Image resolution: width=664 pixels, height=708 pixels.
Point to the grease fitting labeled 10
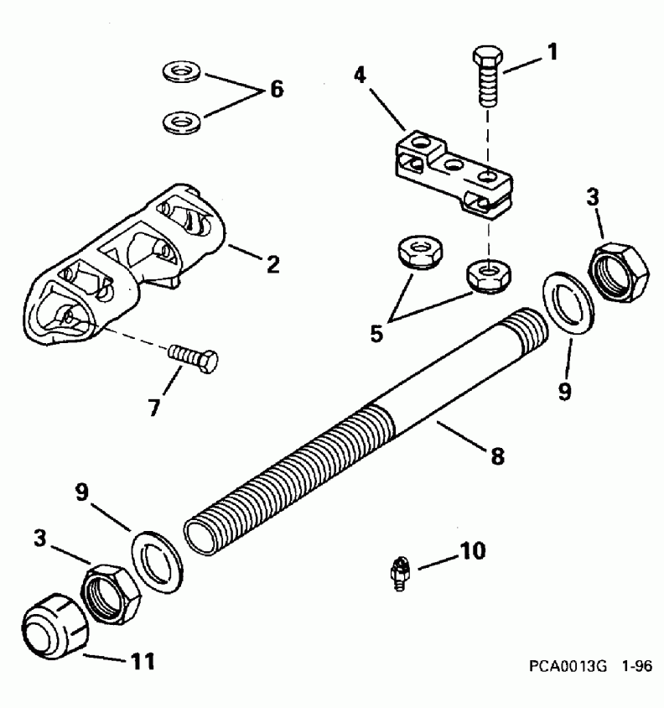tap(400, 575)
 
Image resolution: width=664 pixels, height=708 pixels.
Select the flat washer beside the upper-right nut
tap(568, 299)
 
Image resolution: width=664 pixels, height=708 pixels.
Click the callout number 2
tap(272, 264)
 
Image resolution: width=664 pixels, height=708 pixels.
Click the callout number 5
tap(377, 331)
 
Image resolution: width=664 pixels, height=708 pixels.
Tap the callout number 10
tap(472, 552)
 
